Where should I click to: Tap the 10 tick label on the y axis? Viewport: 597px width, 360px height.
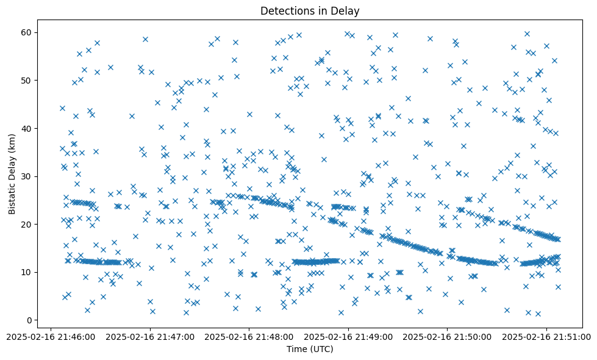pos(27,272)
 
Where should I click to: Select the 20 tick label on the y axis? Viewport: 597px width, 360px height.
pos(27,224)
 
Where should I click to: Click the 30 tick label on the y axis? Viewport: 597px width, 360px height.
pos(27,176)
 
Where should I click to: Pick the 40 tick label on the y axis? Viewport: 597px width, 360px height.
pos(27,128)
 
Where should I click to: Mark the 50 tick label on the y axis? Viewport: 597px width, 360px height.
pos(27,80)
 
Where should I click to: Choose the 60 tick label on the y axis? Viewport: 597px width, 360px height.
pos(27,32)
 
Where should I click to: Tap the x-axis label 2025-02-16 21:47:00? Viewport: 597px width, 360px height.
pos(150,336)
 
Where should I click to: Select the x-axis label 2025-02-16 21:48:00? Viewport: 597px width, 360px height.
pos(249,336)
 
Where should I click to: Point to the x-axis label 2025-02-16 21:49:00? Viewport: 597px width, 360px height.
pos(348,336)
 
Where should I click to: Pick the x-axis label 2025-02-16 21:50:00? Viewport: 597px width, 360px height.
pos(448,336)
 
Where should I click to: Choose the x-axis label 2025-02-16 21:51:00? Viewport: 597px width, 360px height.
pos(546,336)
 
